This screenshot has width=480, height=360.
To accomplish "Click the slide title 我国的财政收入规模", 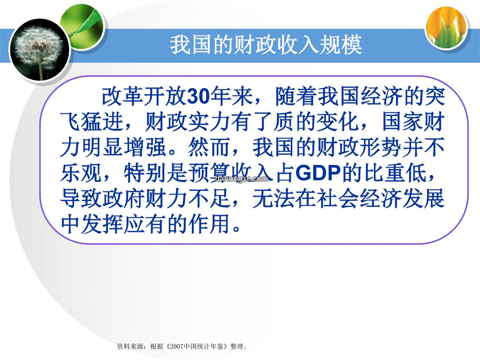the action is (266, 45).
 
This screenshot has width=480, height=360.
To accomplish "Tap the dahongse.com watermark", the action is (242, 179).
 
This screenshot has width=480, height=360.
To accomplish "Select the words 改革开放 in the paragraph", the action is (144, 96).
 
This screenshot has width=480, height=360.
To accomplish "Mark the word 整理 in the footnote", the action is (237, 347).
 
